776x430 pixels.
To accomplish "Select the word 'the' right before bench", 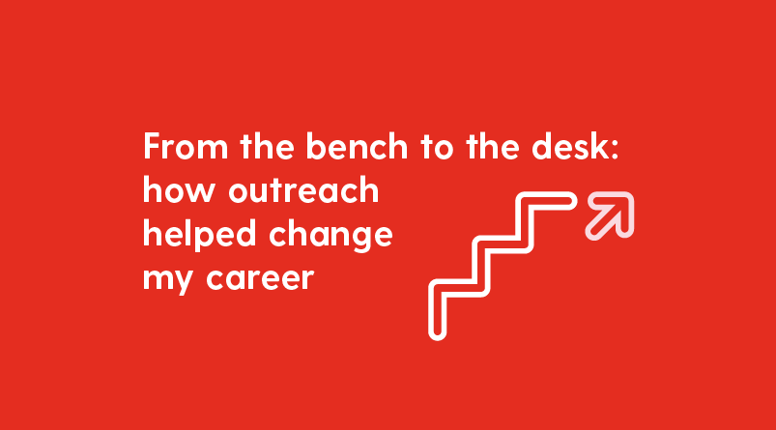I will tap(267, 149).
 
